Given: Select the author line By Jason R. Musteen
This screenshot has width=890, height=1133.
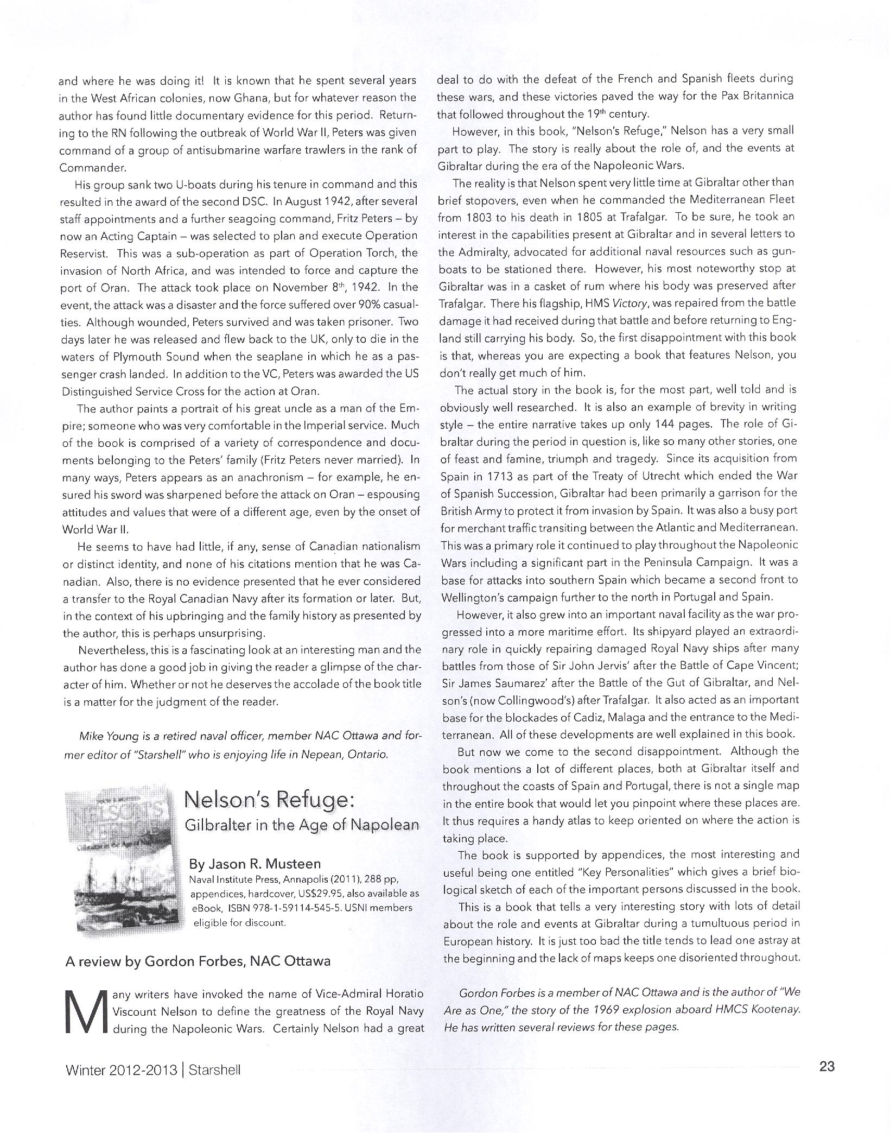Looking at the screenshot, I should (255, 863).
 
